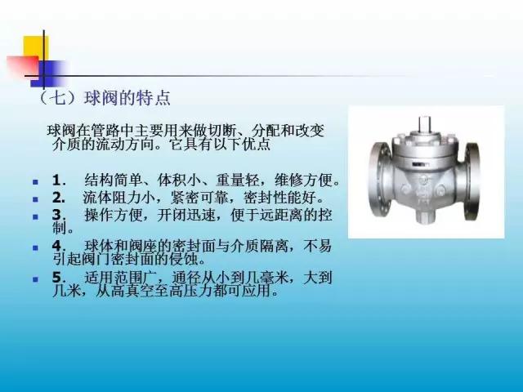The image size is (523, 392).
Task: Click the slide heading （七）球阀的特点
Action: tap(105, 98)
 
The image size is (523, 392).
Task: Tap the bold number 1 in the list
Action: tap(56, 180)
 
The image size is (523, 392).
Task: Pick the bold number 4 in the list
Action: tap(56, 247)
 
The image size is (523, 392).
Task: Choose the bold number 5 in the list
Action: tap(56, 278)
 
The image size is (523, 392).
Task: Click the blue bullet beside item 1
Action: tap(35, 182)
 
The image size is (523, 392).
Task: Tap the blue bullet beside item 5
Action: tap(35, 279)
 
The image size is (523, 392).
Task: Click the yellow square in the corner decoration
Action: tap(36, 49)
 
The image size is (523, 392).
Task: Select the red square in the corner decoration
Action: tap(23, 66)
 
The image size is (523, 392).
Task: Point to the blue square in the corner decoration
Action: tap(49, 73)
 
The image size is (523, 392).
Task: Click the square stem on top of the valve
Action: tap(424, 123)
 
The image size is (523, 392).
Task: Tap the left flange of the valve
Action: tap(380, 179)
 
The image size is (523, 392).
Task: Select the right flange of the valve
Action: tap(472, 181)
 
